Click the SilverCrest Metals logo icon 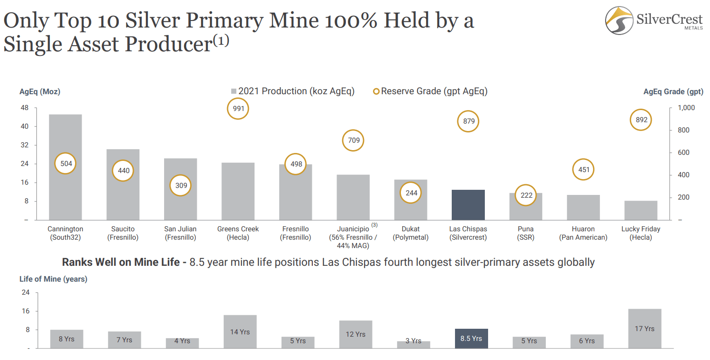click(x=619, y=21)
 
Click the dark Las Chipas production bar click(x=468, y=205)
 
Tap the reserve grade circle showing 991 click(x=238, y=109)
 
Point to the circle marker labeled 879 click(x=469, y=121)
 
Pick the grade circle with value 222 click(x=526, y=195)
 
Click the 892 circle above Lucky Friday click(x=641, y=120)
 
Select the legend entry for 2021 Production click(x=293, y=91)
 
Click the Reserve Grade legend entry click(x=430, y=91)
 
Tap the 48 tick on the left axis click(x=24, y=108)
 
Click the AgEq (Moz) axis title click(x=40, y=92)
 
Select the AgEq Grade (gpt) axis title click(x=673, y=92)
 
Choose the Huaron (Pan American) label click(x=583, y=233)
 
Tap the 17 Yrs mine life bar click(x=644, y=328)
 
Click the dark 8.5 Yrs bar click(x=471, y=338)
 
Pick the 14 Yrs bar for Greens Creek click(x=240, y=332)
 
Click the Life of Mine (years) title click(x=53, y=279)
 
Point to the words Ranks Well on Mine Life click(x=121, y=262)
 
